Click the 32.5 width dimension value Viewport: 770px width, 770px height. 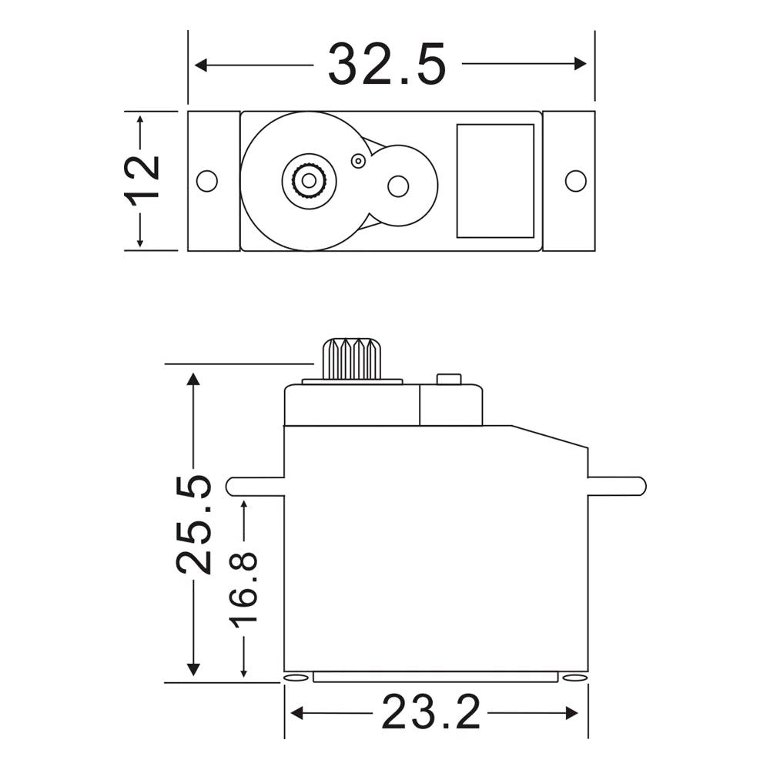[387, 65]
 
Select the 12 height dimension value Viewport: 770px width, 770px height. [142, 179]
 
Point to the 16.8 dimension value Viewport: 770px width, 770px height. [244, 588]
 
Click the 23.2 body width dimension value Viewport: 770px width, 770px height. [430, 713]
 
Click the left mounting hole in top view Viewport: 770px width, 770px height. [206, 181]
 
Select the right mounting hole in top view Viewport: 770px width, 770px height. [575, 181]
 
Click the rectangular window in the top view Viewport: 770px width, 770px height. [495, 181]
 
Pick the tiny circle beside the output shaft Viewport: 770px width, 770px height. [357, 160]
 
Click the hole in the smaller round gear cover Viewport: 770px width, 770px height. [397, 186]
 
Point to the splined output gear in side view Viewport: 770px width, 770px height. [352, 358]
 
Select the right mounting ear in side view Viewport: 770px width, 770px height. [616, 486]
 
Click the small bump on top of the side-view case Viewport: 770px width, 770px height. [448, 379]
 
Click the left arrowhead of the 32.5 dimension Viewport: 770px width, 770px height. [201, 65]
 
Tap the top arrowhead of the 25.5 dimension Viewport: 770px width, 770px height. [193, 379]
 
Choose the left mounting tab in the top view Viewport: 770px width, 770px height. [213, 181]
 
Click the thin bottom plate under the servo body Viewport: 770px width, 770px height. [435, 677]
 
